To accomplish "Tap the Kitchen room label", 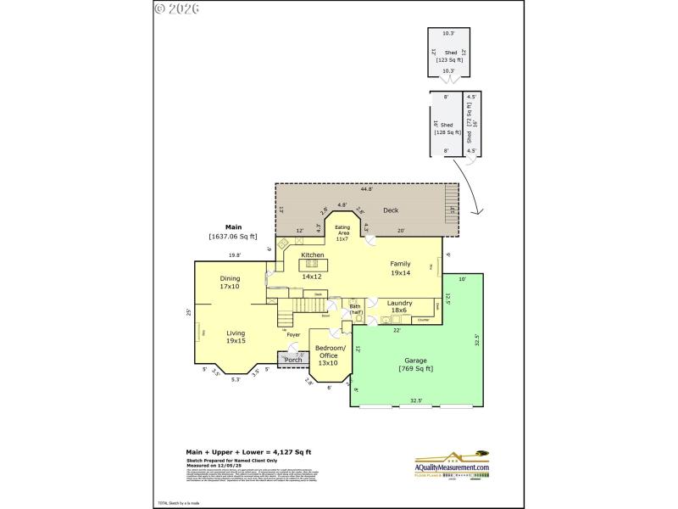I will (x=313, y=255).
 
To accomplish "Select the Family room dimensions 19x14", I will (x=400, y=273).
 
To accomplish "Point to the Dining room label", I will (x=230, y=278).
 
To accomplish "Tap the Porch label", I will (x=293, y=360).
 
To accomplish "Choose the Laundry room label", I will (x=399, y=303).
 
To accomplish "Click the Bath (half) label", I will (x=355, y=309).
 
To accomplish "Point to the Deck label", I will (x=390, y=210).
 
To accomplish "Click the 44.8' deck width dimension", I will (x=365, y=188).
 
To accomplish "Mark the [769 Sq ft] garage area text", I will (x=415, y=369).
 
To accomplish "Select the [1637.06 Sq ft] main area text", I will (x=233, y=238).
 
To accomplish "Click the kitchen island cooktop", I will (x=313, y=264).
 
